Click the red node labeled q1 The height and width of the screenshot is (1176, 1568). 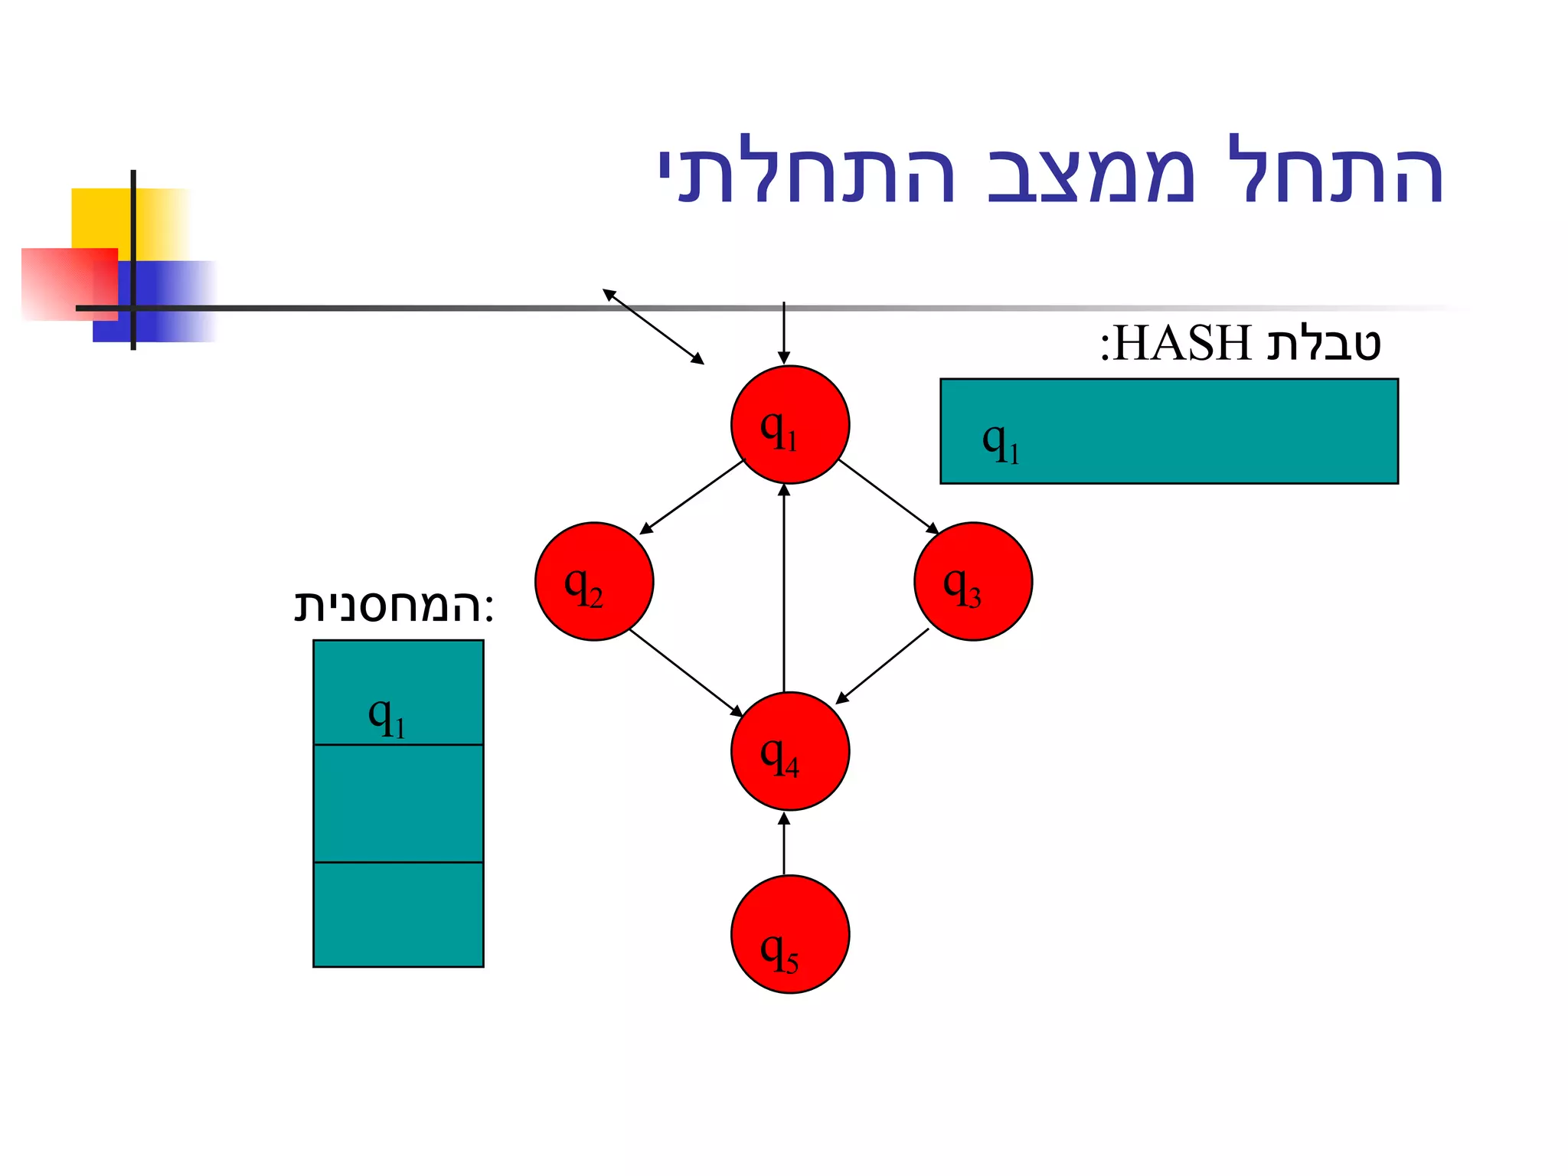(789, 425)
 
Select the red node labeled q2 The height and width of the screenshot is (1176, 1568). (594, 582)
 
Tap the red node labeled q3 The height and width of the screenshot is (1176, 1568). (972, 582)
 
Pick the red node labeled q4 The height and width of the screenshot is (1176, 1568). (789, 751)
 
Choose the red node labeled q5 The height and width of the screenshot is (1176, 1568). (789, 935)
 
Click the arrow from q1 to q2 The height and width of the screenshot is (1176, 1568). (691, 497)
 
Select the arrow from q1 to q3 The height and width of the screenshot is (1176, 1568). (888, 496)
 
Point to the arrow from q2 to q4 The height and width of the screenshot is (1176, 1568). (686, 673)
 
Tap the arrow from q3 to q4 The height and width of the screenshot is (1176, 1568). (882, 665)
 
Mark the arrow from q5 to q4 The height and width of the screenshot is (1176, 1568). (783, 844)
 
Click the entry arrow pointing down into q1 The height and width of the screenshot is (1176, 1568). (783, 333)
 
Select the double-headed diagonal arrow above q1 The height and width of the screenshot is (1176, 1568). (653, 326)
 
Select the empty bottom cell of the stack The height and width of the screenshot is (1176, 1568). (398, 914)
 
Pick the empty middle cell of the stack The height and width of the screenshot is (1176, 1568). (398, 803)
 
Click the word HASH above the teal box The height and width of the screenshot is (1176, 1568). (1182, 343)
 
